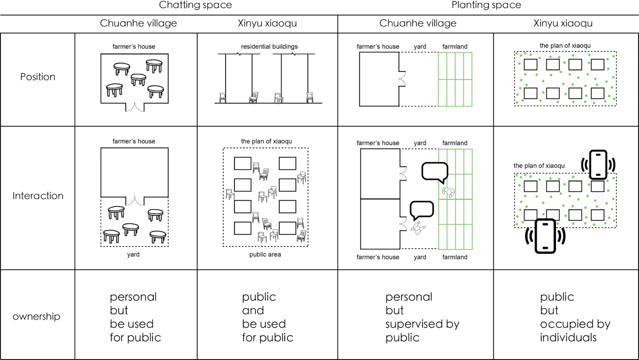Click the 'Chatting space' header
(195, 5)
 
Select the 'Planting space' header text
(486, 5)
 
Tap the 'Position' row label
(38, 77)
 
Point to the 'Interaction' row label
(38, 196)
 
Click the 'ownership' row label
(36, 316)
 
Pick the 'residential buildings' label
(269, 46)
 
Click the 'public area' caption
(265, 255)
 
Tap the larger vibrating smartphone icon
(545, 236)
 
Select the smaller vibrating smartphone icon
(598, 164)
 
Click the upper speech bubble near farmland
(435, 172)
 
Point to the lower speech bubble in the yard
(422, 209)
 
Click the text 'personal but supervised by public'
(422, 317)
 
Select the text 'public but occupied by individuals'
(575, 317)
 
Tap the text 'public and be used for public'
(267, 317)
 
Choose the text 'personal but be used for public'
(135, 317)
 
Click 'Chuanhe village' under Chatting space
(138, 23)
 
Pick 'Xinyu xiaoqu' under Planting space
(563, 23)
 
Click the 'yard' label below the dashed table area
(133, 255)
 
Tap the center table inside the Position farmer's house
(138, 79)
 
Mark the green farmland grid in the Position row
(455, 80)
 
